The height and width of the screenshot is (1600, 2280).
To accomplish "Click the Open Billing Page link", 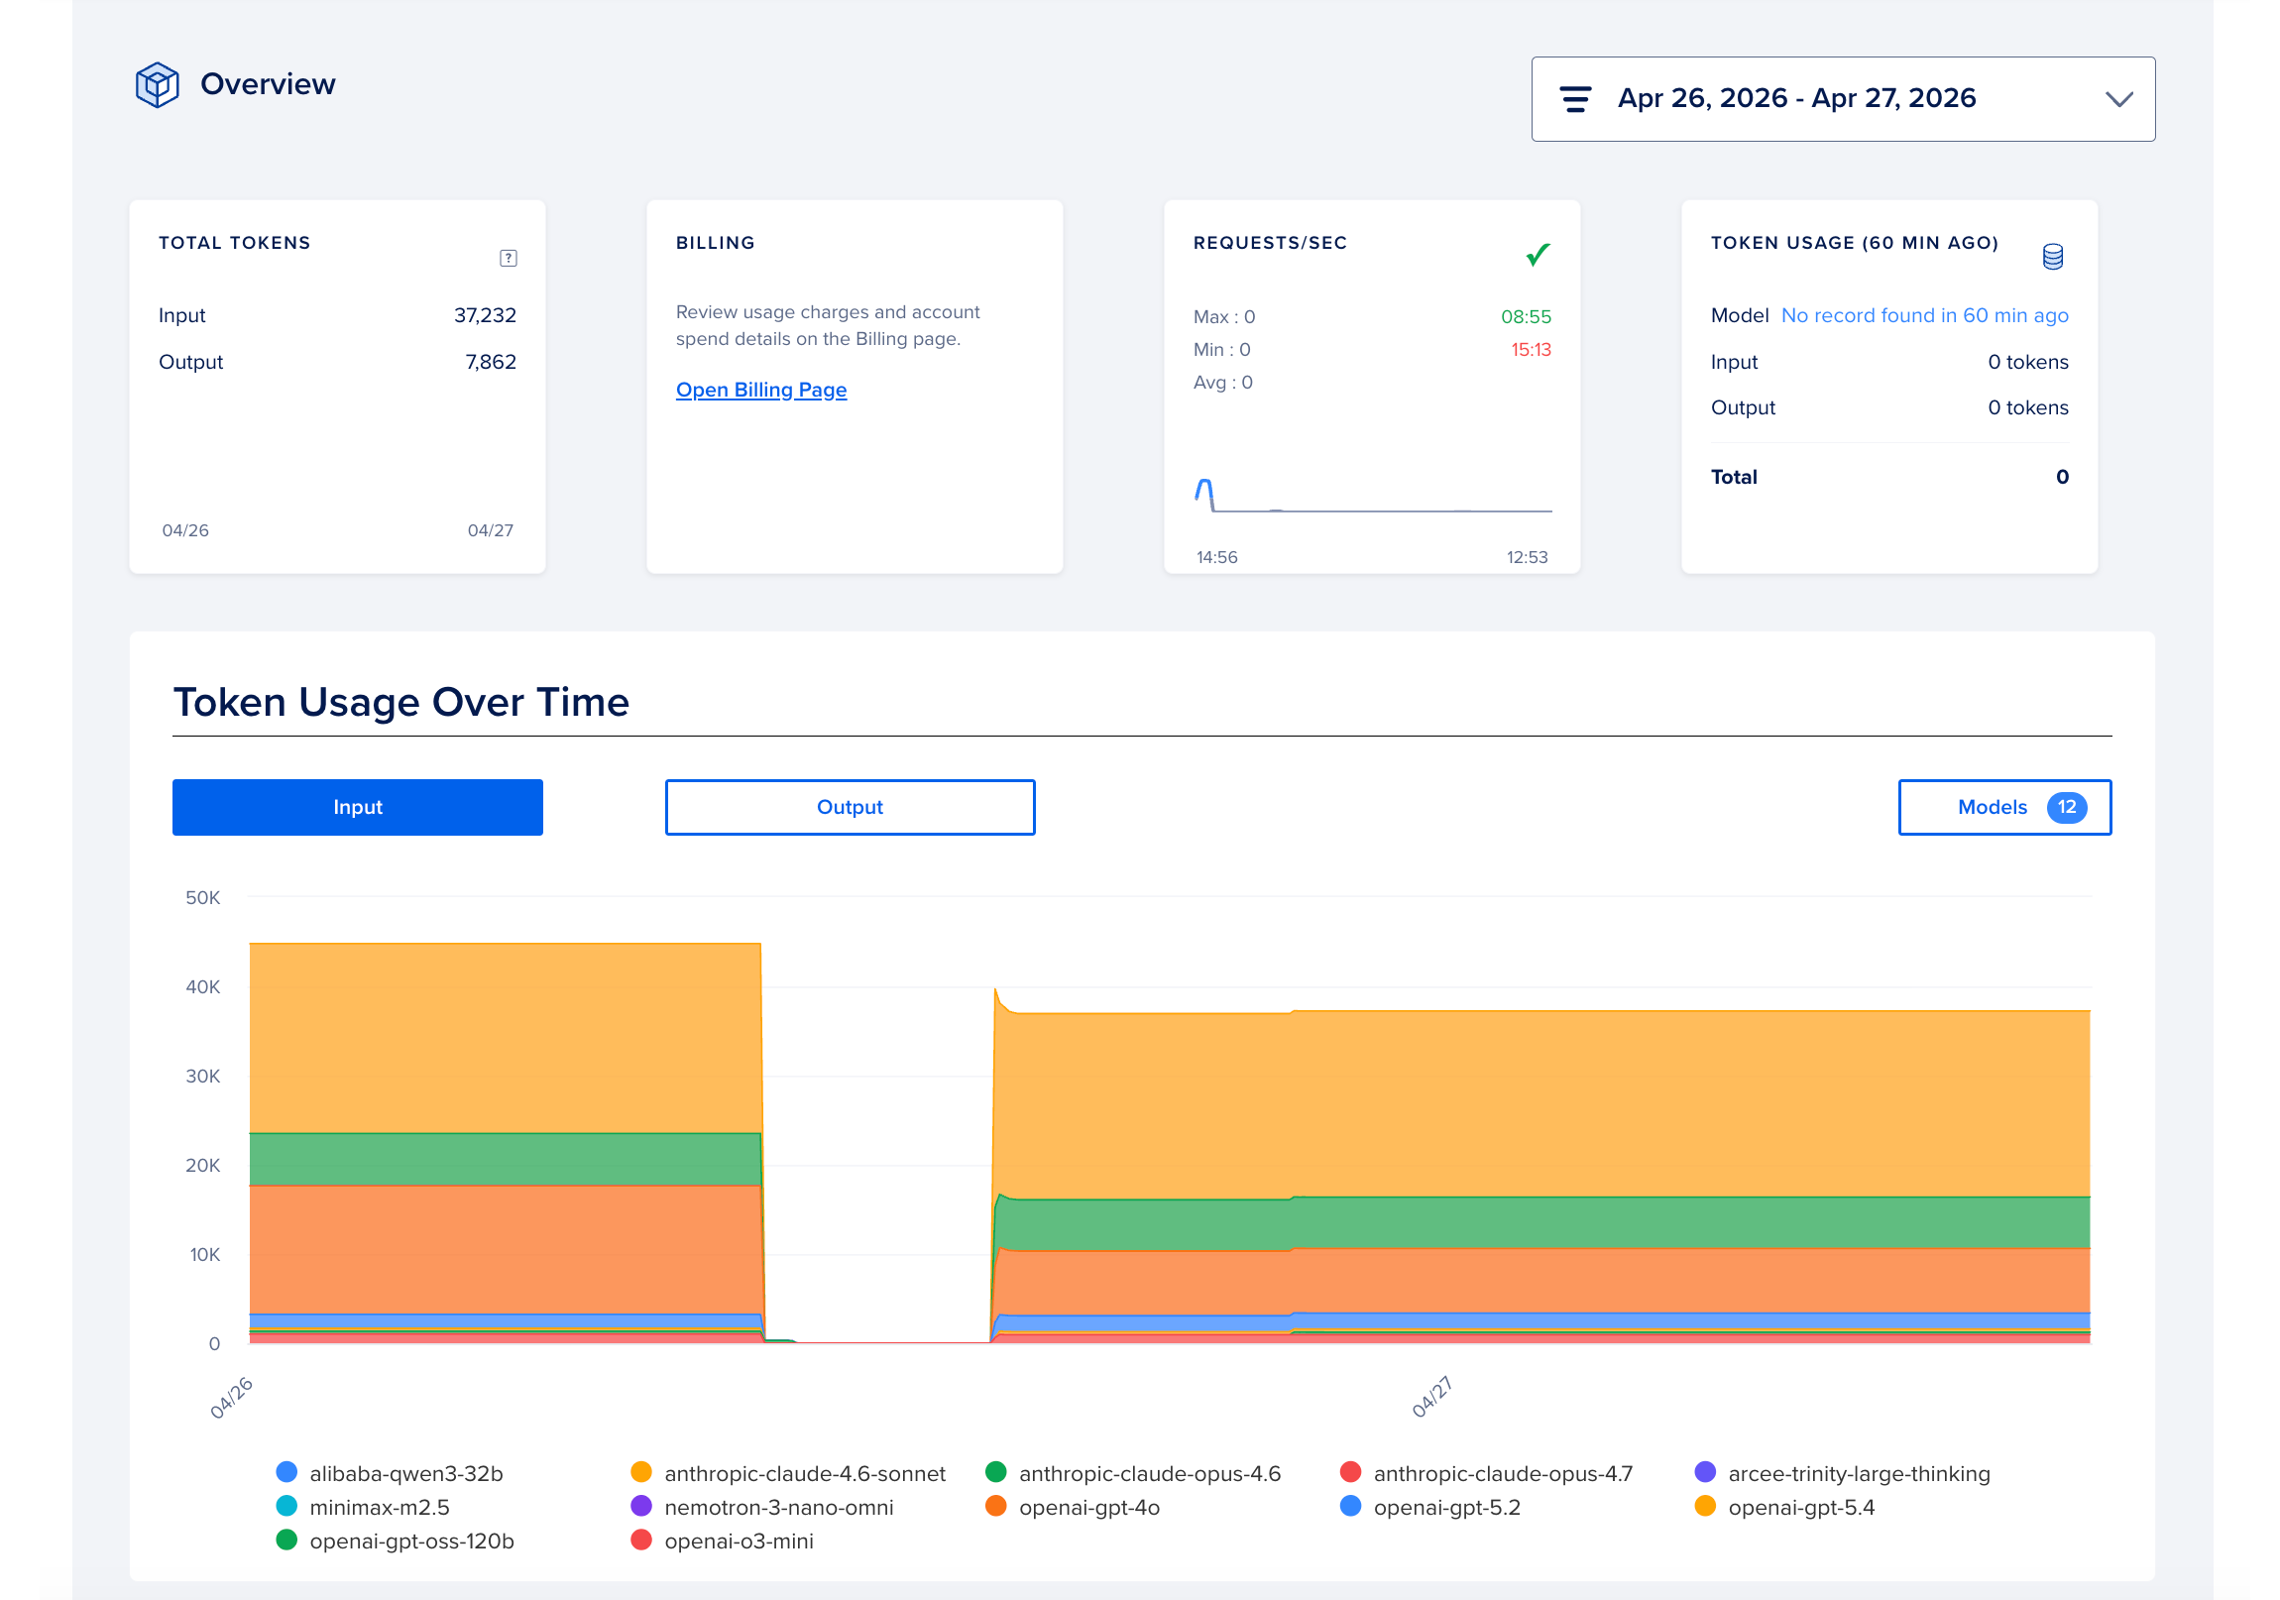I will pos(760,390).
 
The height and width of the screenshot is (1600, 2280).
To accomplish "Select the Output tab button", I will pos(849,807).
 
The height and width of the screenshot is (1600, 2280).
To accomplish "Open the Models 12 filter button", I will pos(2003,807).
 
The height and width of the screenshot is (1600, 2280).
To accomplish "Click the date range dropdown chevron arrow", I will pos(2118,99).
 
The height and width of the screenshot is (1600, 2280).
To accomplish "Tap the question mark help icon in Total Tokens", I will pos(508,258).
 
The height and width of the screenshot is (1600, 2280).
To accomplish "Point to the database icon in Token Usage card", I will pos(2052,256).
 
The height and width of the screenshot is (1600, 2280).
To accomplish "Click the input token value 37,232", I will pos(485,315).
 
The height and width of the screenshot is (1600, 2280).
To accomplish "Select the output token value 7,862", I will pos(491,362).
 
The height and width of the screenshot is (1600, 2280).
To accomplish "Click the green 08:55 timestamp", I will pos(1526,317).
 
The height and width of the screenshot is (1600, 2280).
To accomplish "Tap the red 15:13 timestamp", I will pos(1531,350).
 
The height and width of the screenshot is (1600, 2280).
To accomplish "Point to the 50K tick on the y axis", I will pos(202,897).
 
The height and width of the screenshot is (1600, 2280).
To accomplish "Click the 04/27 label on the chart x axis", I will pos(1431,1397).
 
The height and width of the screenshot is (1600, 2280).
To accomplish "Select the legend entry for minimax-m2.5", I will pos(379,1507).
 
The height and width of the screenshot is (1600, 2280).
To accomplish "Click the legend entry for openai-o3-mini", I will pos(738,1541).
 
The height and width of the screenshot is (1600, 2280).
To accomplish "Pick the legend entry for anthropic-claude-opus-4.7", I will pos(1502,1473).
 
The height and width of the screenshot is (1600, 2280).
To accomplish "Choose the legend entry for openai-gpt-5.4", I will pos(1800,1507).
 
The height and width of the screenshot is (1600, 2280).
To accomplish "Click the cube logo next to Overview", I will pos(157,84).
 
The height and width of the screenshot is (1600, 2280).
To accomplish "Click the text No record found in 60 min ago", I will pos(1923,315).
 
